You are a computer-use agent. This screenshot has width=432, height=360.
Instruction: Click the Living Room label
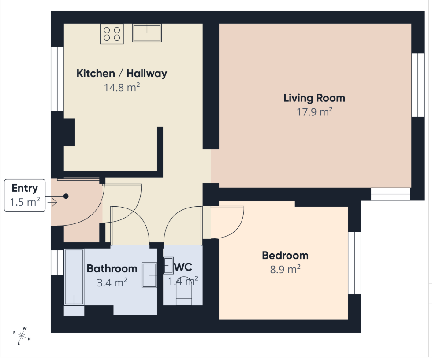(x=314, y=98)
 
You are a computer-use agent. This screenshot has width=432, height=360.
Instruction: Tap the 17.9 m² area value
(x=314, y=112)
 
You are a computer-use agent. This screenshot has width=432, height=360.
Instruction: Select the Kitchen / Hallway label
(x=122, y=74)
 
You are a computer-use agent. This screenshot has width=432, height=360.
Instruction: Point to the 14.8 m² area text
(x=122, y=88)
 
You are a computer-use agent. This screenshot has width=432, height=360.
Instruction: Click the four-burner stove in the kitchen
(x=112, y=33)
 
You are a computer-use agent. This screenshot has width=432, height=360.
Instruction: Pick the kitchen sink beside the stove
(x=147, y=33)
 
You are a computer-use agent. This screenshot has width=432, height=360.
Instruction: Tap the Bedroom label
(x=285, y=256)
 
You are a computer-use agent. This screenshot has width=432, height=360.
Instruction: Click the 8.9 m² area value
(x=285, y=269)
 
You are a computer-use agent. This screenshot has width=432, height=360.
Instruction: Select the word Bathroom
(x=112, y=269)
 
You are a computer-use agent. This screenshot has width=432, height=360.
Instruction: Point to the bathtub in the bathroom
(x=74, y=277)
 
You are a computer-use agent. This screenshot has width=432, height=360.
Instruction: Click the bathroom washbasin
(x=149, y=275)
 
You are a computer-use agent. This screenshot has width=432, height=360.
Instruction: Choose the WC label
(x=183, y=267)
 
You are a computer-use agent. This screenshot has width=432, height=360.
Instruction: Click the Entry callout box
(x=25, y=195)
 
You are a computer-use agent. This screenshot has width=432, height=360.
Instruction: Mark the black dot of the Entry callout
(x=66, y=196)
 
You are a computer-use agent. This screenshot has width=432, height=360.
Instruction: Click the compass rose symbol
(x=22, y=336)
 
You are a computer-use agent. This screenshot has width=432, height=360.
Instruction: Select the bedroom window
(x=354, y=263)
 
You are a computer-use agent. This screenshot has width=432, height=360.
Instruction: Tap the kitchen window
(x=57, y=79)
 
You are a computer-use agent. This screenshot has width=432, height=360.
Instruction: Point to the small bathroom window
(x=57, y=263)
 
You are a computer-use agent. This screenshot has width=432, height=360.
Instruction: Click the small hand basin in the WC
(x=168, y=266)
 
